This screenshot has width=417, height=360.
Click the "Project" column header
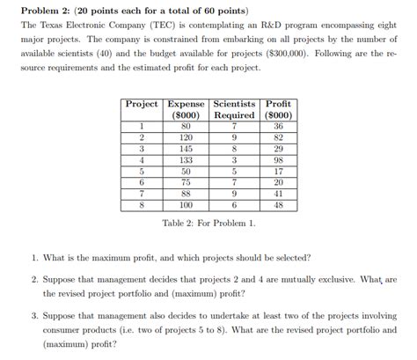tap(142, 104)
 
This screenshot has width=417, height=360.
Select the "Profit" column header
tap(278, 104)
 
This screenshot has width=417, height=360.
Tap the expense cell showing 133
tap(186, 160)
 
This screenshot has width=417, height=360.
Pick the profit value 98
tap(278, 160)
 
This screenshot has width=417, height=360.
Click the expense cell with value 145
tap(186, 149)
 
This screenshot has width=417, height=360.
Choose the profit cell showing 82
tap(278, 138)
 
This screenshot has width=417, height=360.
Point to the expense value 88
tap(186, 194)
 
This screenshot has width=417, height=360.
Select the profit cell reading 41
tap(278, 194)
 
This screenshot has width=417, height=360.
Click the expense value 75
tap(186, 182)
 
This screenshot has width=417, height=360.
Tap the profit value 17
tap(278, 172)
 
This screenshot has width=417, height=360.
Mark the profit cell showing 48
tap(278, 205)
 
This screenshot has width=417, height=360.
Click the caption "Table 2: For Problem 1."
tap(208, 224)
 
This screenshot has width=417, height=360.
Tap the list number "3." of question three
tap(35, 314)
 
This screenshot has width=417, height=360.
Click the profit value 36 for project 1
tap(278, 127)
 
